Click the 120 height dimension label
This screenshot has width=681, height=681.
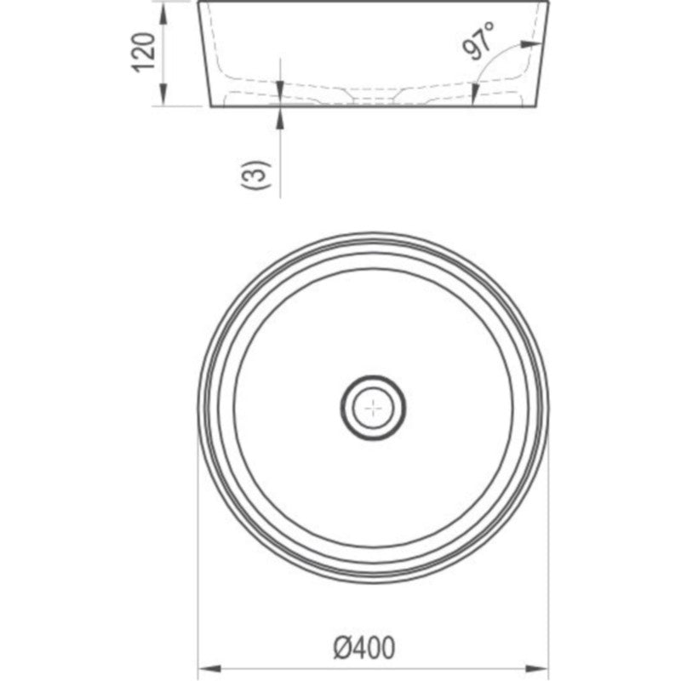pos(144,52)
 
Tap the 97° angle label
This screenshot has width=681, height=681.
pos(478,40)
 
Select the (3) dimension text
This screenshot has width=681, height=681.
pos(256,175)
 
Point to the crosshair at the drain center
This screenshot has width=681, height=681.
pos(373,409)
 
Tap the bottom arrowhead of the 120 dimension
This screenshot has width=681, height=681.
pos(163,94)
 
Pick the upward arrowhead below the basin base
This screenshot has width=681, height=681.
pos(280,117)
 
